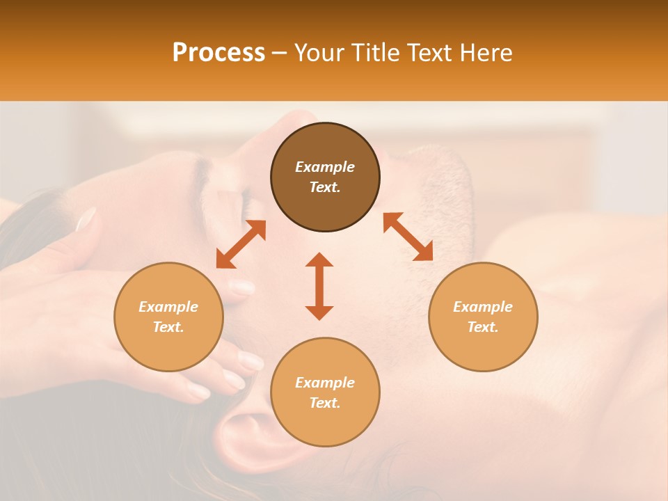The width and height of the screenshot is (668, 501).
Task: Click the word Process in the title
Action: [x=218, y=53]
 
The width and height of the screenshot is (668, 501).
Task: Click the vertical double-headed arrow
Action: [x=319, y=286]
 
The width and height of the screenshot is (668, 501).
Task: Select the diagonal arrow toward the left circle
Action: [x=241, y=244]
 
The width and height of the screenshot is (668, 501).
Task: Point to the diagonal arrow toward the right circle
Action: [x=408, y=237]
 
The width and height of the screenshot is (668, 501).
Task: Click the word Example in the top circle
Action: [x=325, y=167]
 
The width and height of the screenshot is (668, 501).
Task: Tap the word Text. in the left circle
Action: [x=168, y=327]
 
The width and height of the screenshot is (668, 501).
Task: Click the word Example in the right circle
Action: [x=483, y=307]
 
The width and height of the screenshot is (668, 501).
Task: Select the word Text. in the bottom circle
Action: [x=325, y=403]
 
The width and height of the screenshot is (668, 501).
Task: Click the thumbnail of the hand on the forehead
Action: [x=86, y=219]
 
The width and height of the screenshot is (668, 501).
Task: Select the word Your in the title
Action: [x=315, y=53]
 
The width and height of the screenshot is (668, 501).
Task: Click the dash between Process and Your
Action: [x=279, y=54]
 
